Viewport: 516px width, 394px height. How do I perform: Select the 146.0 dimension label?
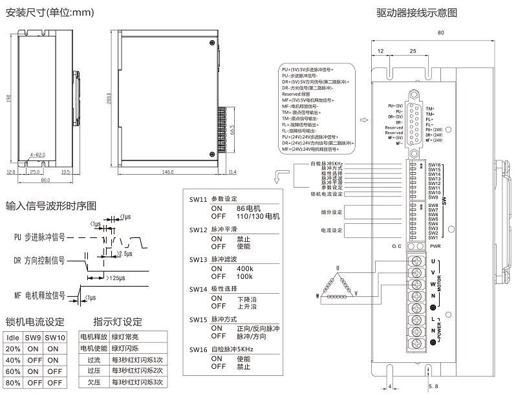[168, 173]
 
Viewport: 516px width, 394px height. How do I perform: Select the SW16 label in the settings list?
[198, 349]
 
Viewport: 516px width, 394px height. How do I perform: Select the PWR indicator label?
[435, 246]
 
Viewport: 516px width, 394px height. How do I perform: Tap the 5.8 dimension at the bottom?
[433, 386]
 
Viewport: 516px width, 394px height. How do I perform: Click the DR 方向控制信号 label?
[39, 260]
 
